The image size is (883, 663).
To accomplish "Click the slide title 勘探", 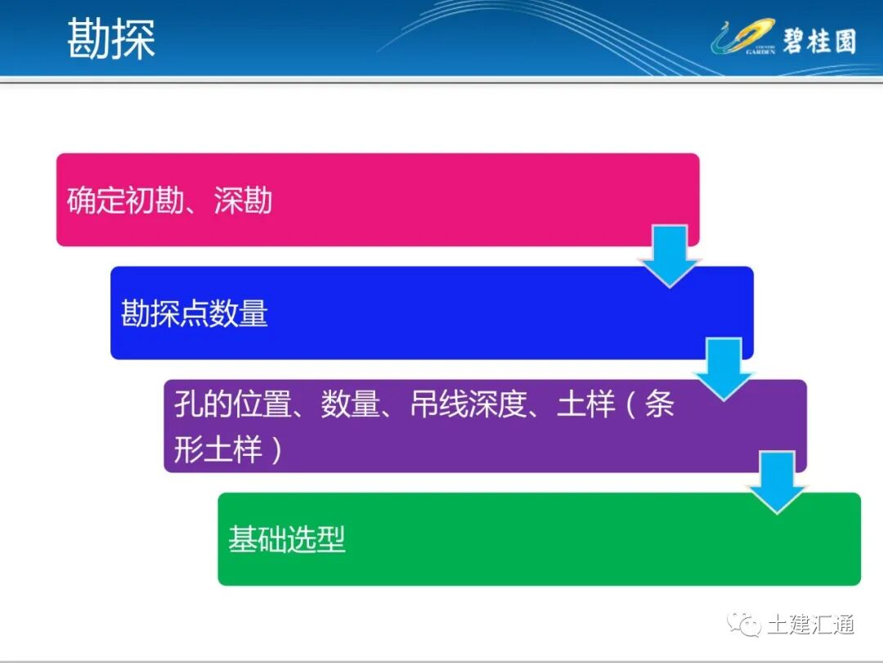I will pyautogui.click(x=111, y=38).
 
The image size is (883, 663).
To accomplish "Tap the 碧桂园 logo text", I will pyautogui.click(x=818, y=39).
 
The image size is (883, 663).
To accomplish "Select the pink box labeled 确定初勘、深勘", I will pyautogui.click(x=376, y=200).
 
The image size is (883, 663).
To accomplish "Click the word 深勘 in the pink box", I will pyautogui.click(x=243, y=201).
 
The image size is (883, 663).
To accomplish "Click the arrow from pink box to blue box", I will pyautogui.click(x=670, y=255).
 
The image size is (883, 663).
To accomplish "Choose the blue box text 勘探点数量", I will pyautogui.click(x=195, y=313).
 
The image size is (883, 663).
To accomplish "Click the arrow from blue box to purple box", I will pyautogui.click(x=724, y=368).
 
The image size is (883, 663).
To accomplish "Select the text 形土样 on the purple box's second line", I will pyautogui.click(x=217, y=449).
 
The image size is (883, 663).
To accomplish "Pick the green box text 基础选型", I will pyautogui.click(x=286, y=539).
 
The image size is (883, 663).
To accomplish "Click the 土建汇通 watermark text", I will pyautogui.click(x=810, y=625).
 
